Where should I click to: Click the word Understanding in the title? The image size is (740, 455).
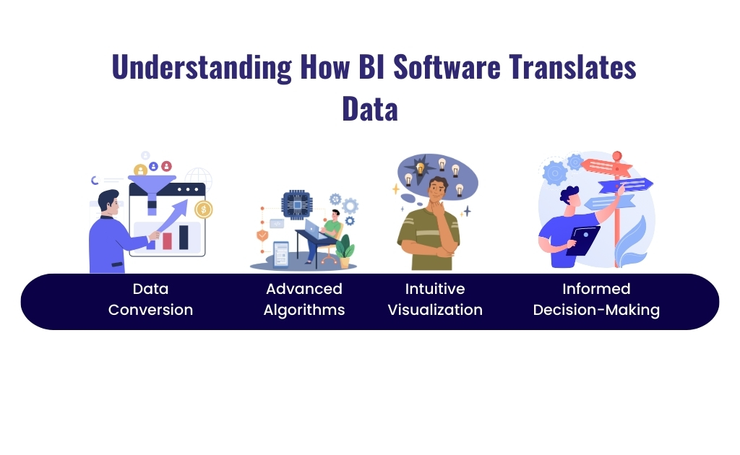click(200, 67)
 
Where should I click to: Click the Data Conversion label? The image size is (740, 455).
click(150, 300)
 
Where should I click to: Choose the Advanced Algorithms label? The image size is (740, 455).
click(304, 300)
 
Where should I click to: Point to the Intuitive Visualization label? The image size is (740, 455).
click(435, 300)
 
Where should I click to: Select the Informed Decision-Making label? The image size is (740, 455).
click(596, 300)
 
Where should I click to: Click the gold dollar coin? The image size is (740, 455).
click(204, 209)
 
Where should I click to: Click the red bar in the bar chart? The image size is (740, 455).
click(167, 240)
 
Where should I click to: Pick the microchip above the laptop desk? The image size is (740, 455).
click(295, 204)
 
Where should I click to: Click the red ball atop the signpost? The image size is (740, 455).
click(616, 155)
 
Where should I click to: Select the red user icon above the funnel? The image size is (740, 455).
click(167, 166)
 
